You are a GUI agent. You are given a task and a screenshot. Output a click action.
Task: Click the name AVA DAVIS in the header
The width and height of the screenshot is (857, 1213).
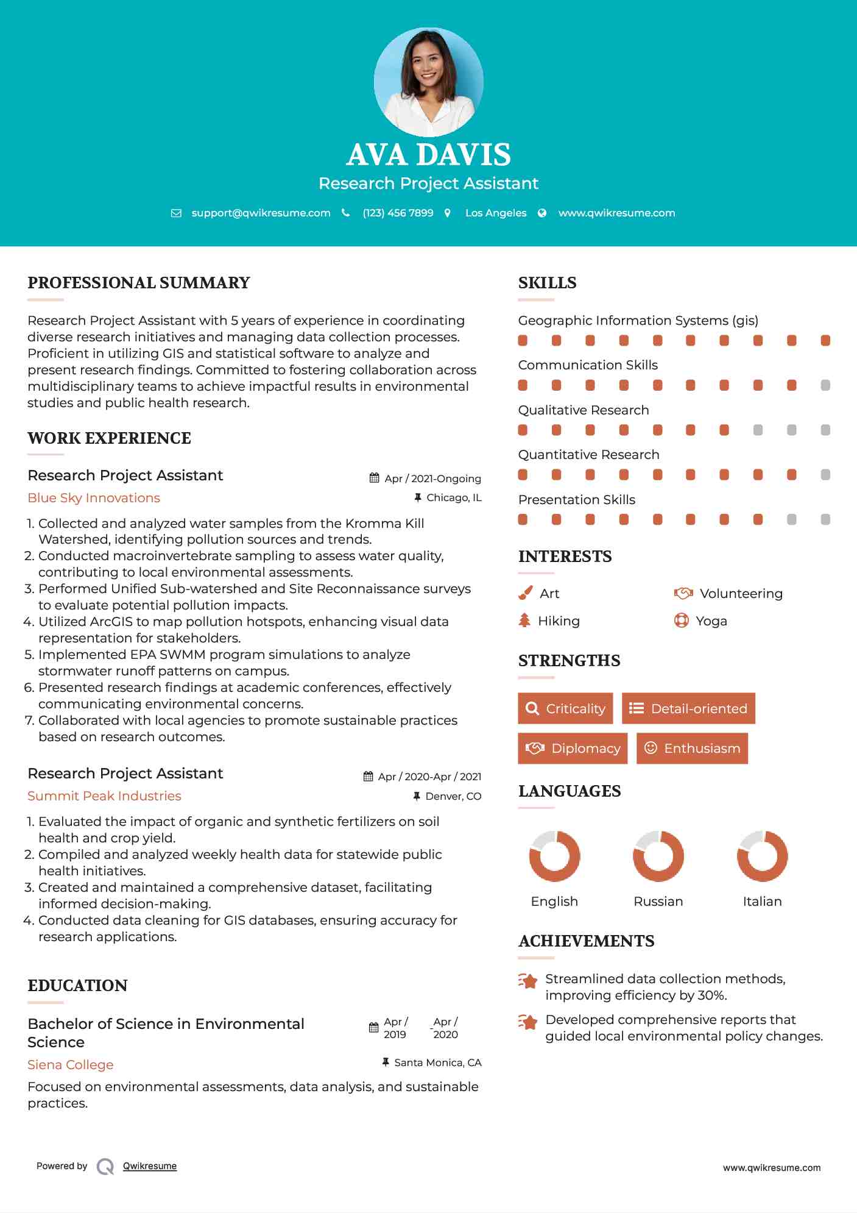[428, 155]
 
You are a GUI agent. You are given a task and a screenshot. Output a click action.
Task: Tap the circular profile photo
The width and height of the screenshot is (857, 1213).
[428, 82]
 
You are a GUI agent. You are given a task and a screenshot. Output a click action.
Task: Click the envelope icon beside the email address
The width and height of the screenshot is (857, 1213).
[176, 213]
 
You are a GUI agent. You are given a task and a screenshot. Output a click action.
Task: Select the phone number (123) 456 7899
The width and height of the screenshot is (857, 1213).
[398, 213]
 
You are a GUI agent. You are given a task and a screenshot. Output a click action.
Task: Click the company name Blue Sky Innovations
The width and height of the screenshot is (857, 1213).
[94, 498]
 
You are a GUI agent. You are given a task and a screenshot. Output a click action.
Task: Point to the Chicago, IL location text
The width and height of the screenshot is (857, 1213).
[454, 498]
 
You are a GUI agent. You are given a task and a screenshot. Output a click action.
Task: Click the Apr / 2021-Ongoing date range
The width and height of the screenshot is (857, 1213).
[432, 478]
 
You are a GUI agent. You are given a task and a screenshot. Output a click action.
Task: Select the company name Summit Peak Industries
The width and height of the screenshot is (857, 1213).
[104, 796]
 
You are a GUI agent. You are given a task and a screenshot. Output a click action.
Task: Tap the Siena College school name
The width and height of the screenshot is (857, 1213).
[71, 1065]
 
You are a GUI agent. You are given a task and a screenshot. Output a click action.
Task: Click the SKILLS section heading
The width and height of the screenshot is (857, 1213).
[547, 283]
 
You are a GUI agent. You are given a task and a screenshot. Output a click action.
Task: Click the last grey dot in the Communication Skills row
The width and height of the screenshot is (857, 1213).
[825, 385]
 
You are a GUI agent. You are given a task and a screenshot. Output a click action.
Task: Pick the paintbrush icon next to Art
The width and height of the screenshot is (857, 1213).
[525, 593]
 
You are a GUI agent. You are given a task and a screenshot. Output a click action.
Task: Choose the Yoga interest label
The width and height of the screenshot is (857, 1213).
[711, 621]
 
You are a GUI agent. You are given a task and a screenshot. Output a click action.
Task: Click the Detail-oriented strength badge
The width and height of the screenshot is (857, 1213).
[688, 708]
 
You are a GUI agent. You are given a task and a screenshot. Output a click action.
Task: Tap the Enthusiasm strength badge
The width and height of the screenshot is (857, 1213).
[692, 749]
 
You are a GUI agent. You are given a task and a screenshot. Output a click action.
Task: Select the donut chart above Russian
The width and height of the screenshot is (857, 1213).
[658, 856]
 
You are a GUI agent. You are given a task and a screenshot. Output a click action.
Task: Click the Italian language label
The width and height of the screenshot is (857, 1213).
[762, 902]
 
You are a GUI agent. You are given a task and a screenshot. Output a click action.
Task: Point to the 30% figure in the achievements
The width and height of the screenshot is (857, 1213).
[712, 995]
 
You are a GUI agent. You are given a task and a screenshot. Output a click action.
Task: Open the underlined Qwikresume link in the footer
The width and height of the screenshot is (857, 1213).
[150, 1166]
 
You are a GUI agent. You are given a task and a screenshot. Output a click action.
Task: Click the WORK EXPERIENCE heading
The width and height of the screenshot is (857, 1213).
[109, 438]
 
